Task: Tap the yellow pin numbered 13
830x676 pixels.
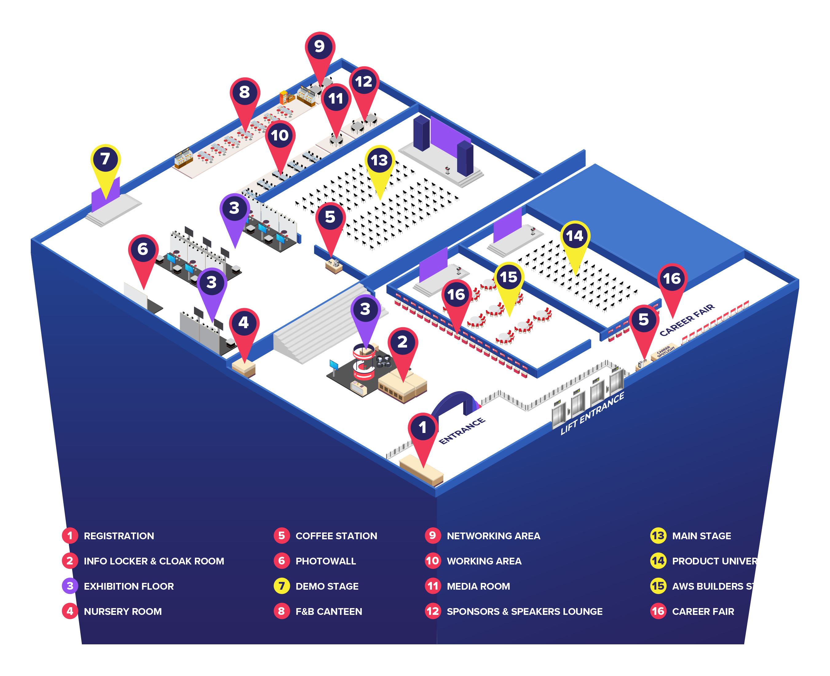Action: coord(379,161)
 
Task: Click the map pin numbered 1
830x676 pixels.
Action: coord(423,428)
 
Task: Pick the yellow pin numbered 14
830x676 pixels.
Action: coord(575,236)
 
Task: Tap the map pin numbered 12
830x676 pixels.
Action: coord(364,82)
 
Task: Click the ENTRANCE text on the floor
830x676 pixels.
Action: coord(462,431)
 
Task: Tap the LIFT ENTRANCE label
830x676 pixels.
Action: coord(592,413)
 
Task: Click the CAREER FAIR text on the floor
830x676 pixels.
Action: coord(687,320)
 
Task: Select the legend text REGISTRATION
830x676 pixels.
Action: coord(119,536)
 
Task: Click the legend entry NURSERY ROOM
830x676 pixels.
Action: coord(123,611)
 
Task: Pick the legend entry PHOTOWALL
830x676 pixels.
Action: coord(326,561)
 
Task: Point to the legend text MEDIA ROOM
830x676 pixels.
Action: coord(478,587)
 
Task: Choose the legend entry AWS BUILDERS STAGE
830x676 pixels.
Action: coord(725,587)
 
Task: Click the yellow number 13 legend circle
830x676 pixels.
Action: coord(658,536)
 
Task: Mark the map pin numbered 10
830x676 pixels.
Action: coord(280,136)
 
